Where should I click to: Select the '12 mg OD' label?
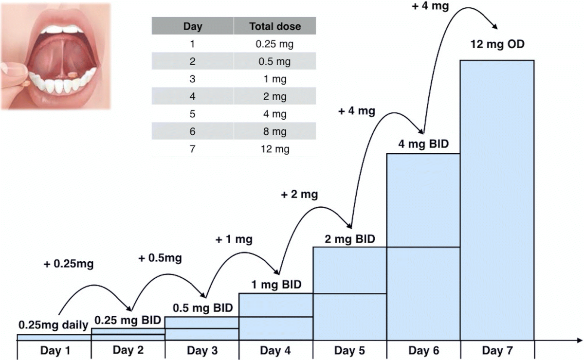click(x=497, y=46)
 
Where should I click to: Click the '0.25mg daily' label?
click(x=54, y=324)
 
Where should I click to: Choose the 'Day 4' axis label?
click(x=276, y=350)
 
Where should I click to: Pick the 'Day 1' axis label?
click(x=54, y=350)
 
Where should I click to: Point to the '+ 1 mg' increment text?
click(x=234, y=240)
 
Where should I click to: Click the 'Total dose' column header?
click(x=275, y=26)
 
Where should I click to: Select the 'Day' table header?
click(x=193, y=26)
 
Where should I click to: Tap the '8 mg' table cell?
click(x=275, y=131)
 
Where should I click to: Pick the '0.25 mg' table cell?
click(x=275, y=44)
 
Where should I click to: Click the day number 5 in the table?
click(x=193, y=114)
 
